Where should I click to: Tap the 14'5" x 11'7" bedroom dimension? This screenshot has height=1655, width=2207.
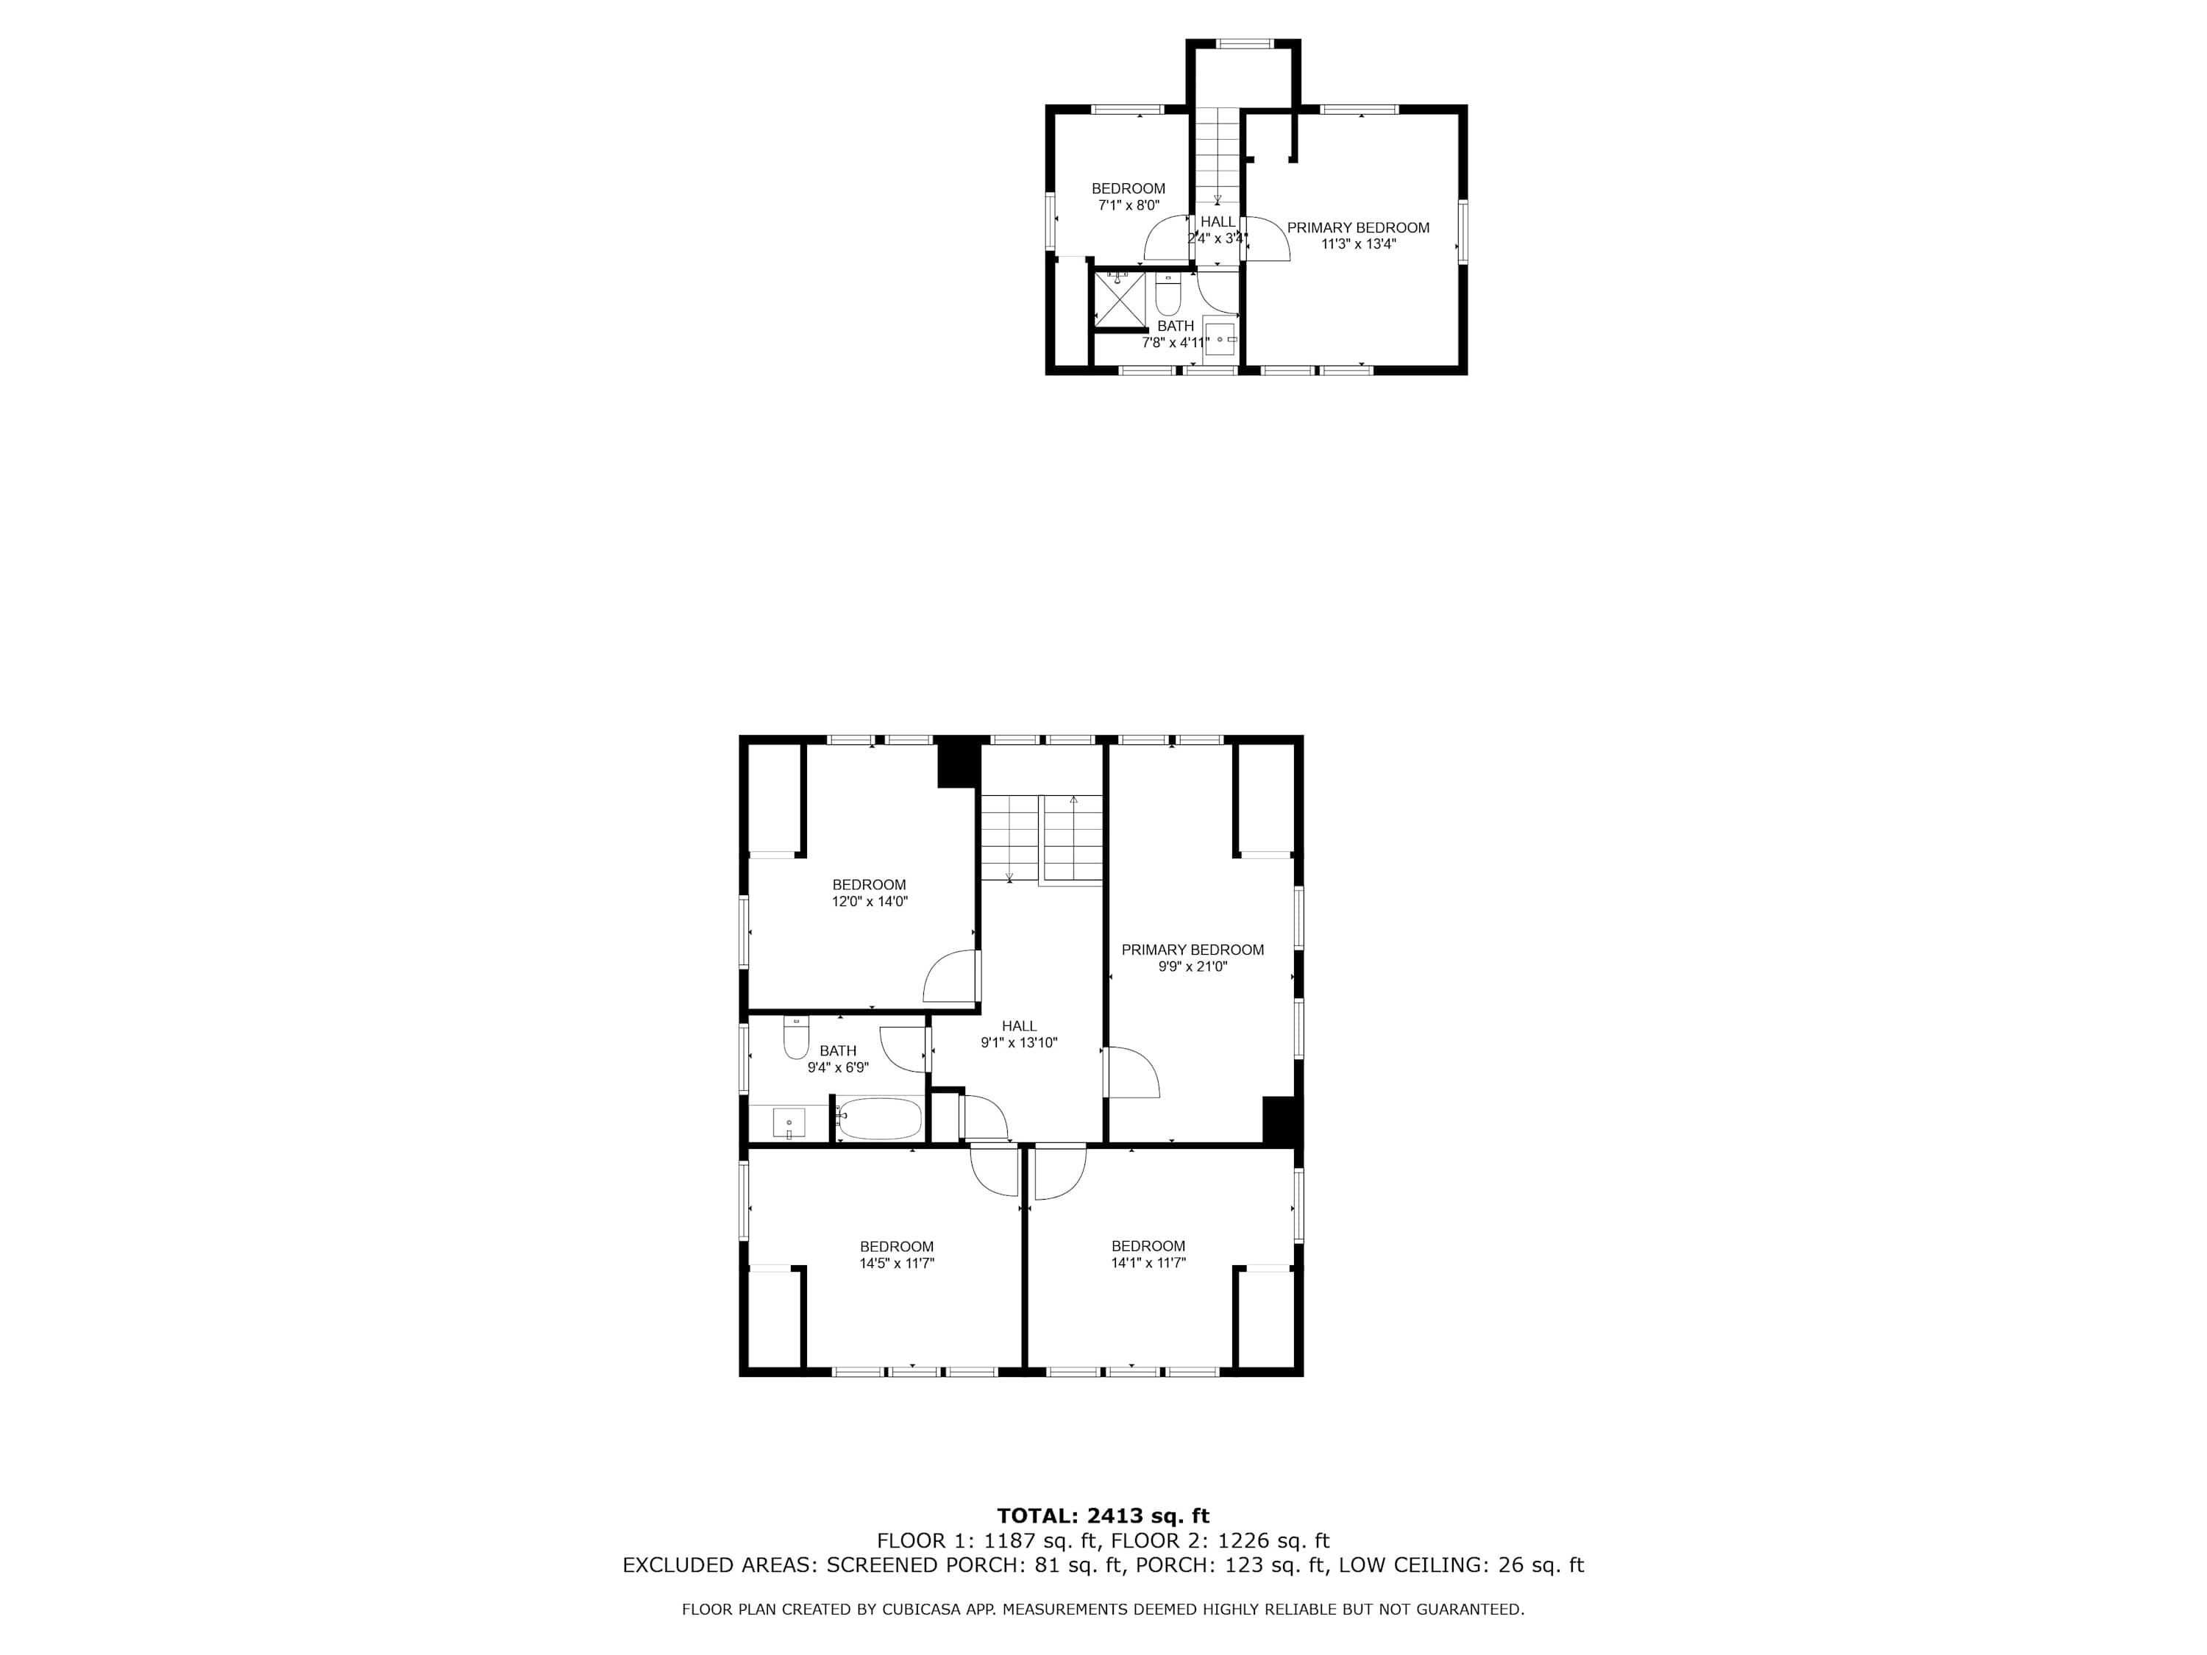[897, 1264]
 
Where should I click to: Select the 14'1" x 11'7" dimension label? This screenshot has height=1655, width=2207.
[1148, 1263]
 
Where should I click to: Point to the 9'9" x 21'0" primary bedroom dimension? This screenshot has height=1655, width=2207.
[1193, 967]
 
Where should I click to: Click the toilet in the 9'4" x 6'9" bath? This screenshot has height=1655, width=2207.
[795, 1037]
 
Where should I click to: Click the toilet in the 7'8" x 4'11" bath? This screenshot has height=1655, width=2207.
[1168, 294]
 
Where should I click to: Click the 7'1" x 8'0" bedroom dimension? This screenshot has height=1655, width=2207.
[1129, 205]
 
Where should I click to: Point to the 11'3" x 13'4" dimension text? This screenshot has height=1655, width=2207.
[1359, 243]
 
